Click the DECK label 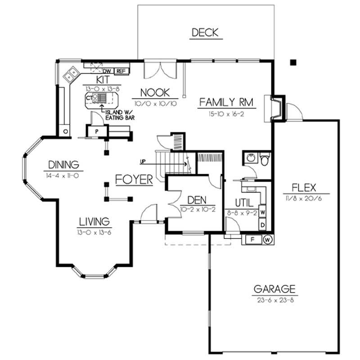(x=205, y=32)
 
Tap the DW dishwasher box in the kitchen (x=108, y=71)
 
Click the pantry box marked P (x=97, y=131)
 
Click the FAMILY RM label (x=227, y=103)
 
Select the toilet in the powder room (x=265, y=159)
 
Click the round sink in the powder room (x=250, y=158)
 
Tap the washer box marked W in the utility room (x=262, y=211)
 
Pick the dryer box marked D (x=262, y=224)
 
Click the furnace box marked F (x=252, y=239)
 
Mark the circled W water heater (x=268, y=239)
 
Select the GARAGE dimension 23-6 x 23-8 (x=274, y=300)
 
